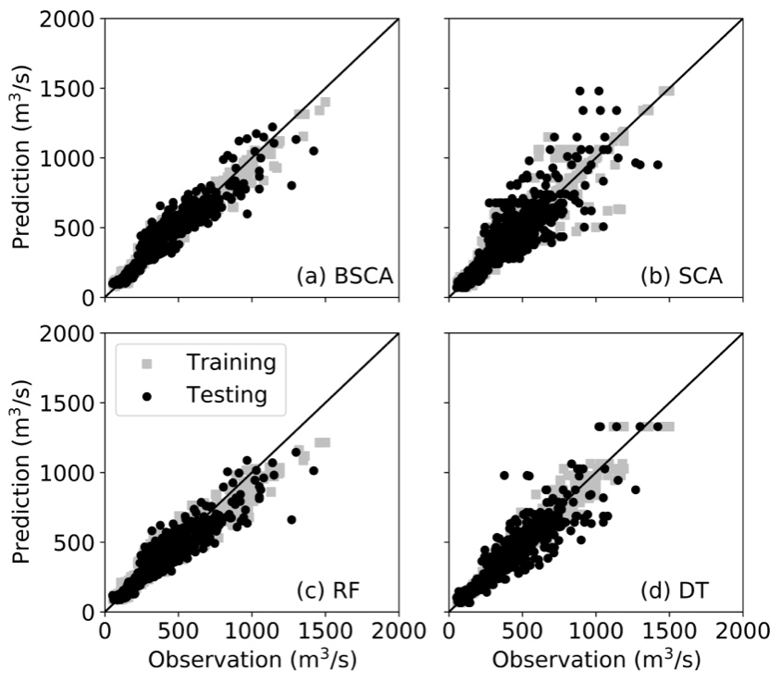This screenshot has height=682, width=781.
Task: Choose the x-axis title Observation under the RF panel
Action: [x=252, y=662]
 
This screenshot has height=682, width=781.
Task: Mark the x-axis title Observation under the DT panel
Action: [x=596, y=662]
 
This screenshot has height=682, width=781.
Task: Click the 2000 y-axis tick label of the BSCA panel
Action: [x=70, y=19]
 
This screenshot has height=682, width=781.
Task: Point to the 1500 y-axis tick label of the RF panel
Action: [x=70, y=403]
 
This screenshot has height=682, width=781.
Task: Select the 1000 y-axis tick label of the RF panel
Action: [x=70, y=472]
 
